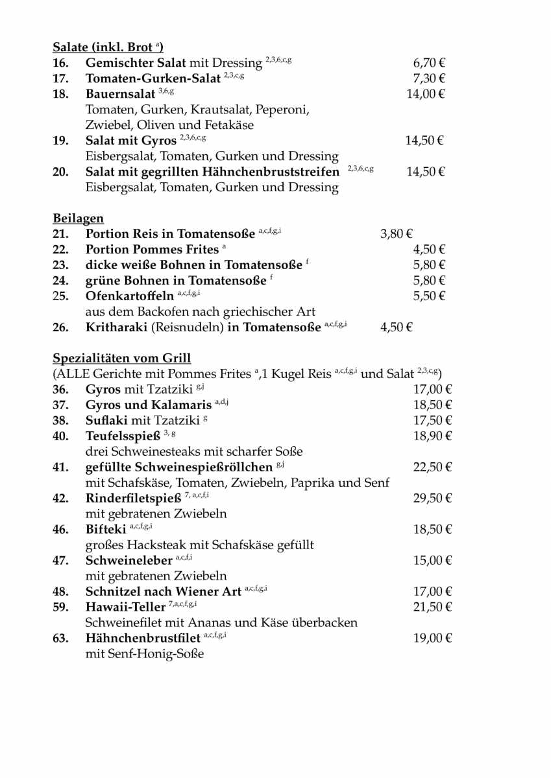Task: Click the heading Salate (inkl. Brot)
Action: (x=108, y=47)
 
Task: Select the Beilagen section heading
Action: (x=78, y=218)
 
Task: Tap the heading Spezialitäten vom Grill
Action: (x=121, y=359)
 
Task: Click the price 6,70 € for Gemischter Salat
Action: (x=429, y=63)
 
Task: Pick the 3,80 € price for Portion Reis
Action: (x=397, y=234)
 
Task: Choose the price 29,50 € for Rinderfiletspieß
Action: (x=432, y=499)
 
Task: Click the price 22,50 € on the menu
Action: (x=432, y=467)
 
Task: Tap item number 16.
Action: (x=60, y=63)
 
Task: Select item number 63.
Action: (x=60, y=639)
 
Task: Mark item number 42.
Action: (x=60, y=499)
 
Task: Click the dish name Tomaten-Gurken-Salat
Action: (x=153, y=78)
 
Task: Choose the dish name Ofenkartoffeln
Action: (x=130, y=296)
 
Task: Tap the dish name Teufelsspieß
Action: (x=123, y=436)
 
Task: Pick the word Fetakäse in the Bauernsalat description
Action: (x=228, y=125)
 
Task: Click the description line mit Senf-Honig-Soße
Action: (x=145, y=654)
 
